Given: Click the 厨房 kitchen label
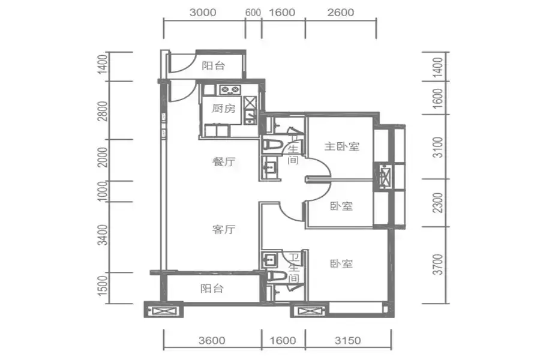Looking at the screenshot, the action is (x=224, y=109).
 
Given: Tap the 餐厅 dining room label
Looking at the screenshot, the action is (x=224, y=161).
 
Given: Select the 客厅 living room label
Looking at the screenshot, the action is (x=224, y=229).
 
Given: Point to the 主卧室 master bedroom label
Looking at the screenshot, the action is (x=341, y=146).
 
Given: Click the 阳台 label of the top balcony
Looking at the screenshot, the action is (x=213, y=65).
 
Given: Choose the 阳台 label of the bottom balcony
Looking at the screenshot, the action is (x=212, y=288).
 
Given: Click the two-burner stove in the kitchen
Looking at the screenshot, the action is (x=230, y=90).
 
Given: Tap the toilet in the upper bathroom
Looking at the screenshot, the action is (x=272, y=145).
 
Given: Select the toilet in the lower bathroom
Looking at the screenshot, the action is (x=277, y=275).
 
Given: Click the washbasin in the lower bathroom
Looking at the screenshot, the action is (x=269, y=259).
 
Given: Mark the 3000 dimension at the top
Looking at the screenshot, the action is (x=203, y=13).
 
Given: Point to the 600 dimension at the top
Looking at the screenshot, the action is (x=253, y=13).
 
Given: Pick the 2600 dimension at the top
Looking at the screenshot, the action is (x=341, y=13).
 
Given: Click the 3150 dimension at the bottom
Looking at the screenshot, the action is (x=348, y=340).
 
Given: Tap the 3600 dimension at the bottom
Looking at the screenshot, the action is (x=212, y=340).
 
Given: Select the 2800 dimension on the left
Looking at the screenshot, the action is (x=103, y=111).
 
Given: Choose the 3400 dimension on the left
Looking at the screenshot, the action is (x=103, y=235).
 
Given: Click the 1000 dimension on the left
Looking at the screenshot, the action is (x=103, y=191).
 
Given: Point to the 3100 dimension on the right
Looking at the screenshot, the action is (x=437, y=147).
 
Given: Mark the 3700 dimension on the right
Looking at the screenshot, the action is (x=437, y=264).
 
